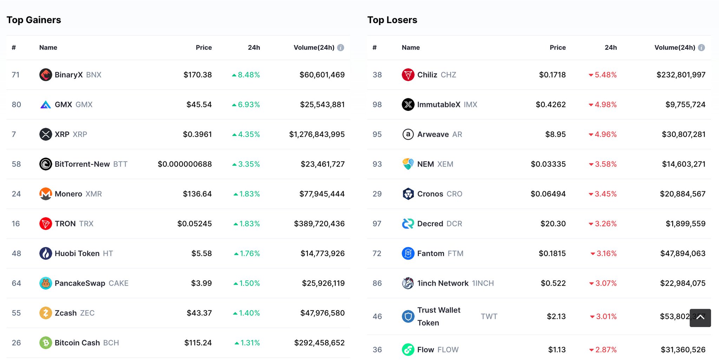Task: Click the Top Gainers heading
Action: pos(34,20)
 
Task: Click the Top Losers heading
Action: pos(392,20)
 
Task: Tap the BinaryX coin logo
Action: pos(46,75)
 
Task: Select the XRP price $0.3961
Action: pos(197,134)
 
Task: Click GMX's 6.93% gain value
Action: pos(249,105)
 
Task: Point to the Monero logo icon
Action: pos(46,194)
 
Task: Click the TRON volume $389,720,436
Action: pos(319,224)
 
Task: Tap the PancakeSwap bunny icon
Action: pos(46,283)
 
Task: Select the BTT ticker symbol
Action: pos(120,164)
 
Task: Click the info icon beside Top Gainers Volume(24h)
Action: pos(341,48)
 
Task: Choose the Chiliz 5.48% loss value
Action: pos(605,75)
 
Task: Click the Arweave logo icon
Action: pos(408,134)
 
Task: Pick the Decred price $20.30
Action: pos(553,224)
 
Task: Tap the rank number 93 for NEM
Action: pos(377,164)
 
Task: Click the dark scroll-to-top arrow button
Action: pos(700,318)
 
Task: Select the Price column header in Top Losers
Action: pos(558,48)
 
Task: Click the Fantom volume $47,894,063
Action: pos(682,253)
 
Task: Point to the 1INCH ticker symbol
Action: pos(483,283)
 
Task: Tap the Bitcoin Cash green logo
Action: pos(46,343)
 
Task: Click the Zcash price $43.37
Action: pos(199,313)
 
